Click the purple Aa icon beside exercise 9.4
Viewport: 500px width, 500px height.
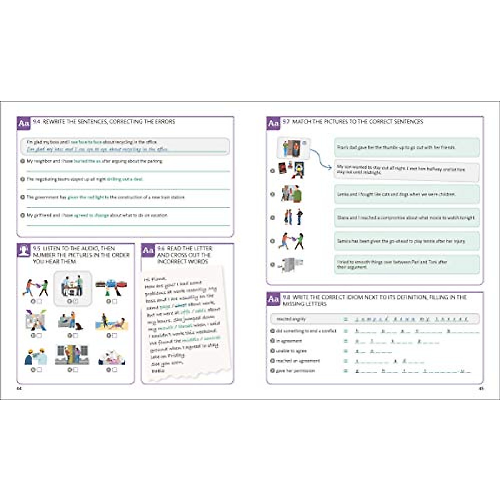[24, 124]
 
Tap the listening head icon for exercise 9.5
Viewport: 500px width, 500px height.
[24, 250]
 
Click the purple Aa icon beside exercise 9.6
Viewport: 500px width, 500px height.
[148, 250]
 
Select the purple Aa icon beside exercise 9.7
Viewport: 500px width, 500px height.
[273, 124]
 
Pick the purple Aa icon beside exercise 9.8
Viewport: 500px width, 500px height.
[273, 299]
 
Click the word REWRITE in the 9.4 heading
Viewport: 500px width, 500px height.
[54, 122]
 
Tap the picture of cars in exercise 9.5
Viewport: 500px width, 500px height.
[111, 285]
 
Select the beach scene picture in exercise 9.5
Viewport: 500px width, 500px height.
[111, 322]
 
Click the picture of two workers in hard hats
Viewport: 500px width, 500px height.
[35, 356]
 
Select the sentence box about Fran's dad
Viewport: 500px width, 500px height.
[407, 147]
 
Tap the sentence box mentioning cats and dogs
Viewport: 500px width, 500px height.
[407, 194]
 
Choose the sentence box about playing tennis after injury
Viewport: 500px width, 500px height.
[407, 241]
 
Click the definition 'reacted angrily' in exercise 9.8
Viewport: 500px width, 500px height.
[291, 319]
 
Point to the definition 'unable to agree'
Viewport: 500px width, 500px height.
[291, 351]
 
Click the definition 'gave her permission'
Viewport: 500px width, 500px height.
[295, 371]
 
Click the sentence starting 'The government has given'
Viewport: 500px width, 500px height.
[106, 197]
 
